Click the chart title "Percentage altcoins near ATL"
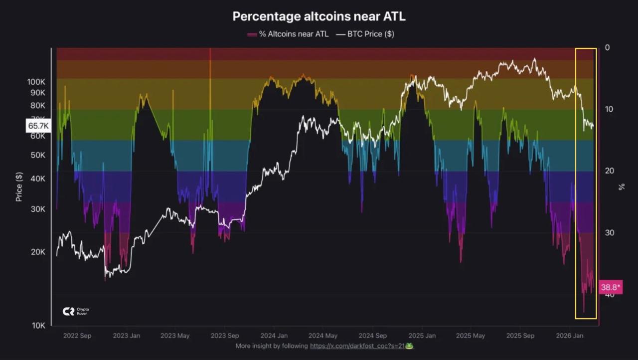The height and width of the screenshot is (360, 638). pos(319,16)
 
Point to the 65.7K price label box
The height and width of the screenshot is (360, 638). pos(38,126)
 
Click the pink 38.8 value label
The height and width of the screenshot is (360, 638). pos(611,287)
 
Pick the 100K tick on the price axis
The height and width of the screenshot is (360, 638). pos(36,81)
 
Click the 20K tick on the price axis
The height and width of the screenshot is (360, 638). pos(38,252)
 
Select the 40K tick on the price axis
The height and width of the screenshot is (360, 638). pos(38,179)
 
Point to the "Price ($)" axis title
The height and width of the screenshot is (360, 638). pos(19,187)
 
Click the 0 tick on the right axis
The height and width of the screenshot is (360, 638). pos(607,47)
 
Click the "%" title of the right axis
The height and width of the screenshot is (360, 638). pos(621,187)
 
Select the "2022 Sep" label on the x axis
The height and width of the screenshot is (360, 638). pos(77,336)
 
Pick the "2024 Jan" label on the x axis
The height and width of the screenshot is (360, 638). pos(274,336)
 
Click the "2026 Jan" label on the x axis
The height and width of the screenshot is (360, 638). pos(570,336)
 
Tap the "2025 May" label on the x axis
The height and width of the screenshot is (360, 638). pos(471,336)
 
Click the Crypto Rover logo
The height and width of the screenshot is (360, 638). pos(75,311)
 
